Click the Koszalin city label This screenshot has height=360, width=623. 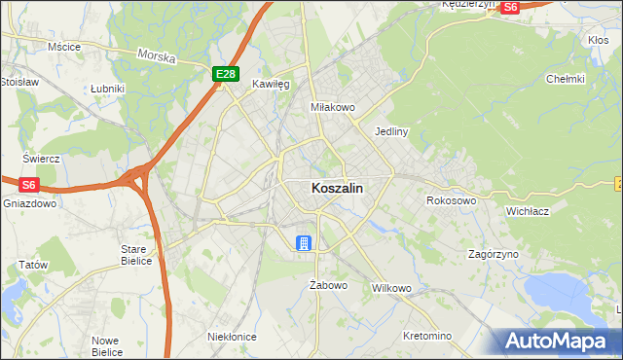(338, 189)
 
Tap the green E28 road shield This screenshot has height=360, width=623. (225, 73)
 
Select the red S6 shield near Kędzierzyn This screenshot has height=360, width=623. (510, 7)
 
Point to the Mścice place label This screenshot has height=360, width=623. (63, 46)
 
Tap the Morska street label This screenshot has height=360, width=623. (157, 57)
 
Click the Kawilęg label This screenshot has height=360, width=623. (272, 85)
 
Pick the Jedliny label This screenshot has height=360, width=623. (390, 130)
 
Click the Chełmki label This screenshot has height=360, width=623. (565, 79)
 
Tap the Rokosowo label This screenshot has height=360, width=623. (451, 200)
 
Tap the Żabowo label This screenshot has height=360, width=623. (328, 285)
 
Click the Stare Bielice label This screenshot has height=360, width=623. (133, 255)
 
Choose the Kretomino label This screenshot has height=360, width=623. (427, 336)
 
